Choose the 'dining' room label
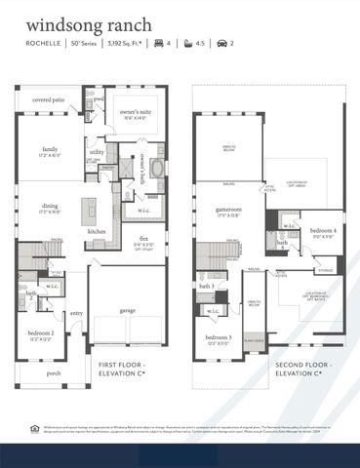tap(49, 205)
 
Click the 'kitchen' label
tap(97, 231)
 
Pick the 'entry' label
tap(76, 313)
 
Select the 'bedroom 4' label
tap(323, 230)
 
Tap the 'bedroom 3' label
tap(219, 338)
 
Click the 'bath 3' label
tap(207, 287)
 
